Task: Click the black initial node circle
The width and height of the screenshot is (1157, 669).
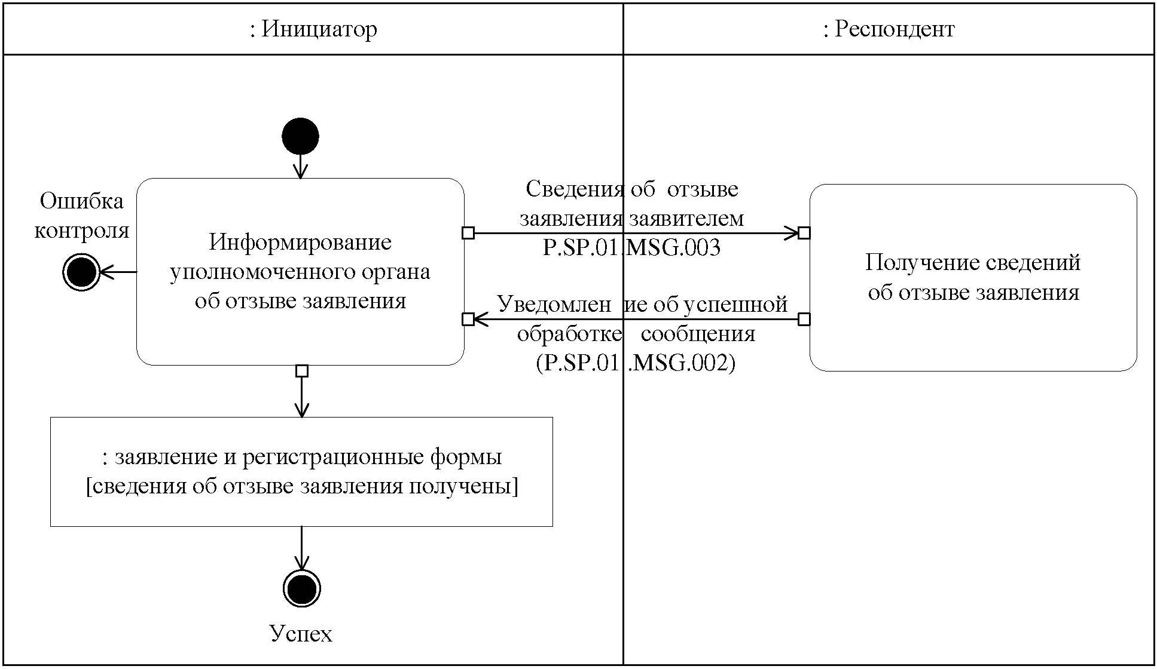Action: [x=300, y=136]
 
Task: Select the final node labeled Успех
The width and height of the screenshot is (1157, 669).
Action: [x=301, y=588]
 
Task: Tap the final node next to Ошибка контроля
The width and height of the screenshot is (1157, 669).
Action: [x=81, y=272]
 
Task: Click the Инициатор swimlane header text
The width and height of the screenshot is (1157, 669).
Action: [x=313, y=29]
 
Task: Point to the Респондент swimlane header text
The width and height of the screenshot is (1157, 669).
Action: [x=889, y=29]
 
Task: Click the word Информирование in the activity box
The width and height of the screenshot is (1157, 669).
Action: [x=300, y=242]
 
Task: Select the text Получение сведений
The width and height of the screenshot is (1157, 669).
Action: [x=973, y=263]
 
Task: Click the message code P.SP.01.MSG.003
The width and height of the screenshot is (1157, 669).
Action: [x=631, y=247]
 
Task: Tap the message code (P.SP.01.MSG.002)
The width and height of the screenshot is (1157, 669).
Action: [x=635, y=363]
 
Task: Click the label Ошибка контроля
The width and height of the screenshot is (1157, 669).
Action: [x=81, y=216]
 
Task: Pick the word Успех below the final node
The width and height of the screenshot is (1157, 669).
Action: [x=301, y=633]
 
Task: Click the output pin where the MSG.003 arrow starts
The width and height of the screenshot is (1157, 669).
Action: [x=468, y=233]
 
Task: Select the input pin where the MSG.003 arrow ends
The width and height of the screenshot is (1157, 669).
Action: [x=804, y=233]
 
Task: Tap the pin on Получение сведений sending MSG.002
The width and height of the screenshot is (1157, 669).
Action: [x=804, y=320]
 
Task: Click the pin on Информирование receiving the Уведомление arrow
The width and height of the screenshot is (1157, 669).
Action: [x=468, y=320]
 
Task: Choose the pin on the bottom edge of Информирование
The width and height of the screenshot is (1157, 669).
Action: [x=302, y=371]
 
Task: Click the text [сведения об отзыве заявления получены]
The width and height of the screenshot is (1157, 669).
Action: [x=302, y=486]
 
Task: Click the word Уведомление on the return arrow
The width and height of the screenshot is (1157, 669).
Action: [x=553, y=305]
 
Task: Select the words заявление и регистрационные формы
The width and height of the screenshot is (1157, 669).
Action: [x=308, y=457]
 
